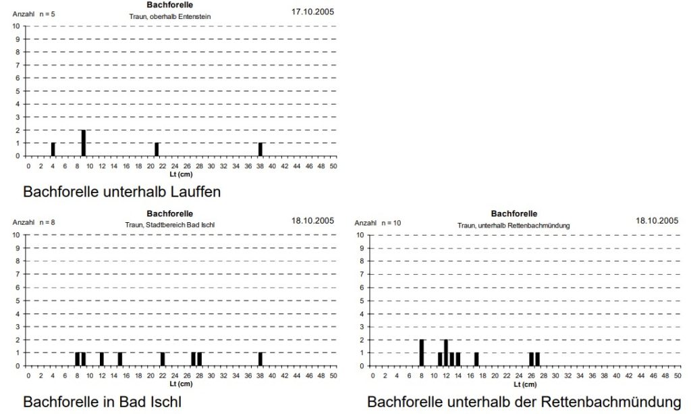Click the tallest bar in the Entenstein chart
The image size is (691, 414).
[84, 143]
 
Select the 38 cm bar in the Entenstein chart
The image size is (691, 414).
[260, 149]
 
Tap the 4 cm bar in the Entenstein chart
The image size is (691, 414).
[53, 149]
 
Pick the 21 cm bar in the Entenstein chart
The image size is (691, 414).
[157, 149]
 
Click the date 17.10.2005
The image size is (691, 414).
[312, 11]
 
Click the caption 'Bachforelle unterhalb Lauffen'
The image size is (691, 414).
[121, 192]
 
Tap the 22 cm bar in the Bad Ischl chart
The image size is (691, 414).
[163, 359]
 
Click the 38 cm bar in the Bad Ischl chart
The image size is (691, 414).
[260, 359]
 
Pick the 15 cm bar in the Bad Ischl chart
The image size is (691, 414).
[120, 359]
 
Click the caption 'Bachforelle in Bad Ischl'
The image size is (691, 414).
[102, 402]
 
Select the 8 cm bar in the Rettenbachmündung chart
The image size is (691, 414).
[422, 353]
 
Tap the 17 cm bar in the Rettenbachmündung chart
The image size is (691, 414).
[476, 359]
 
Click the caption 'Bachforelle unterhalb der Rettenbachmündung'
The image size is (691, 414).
[524, 402]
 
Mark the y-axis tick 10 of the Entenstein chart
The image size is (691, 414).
[16, 26]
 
